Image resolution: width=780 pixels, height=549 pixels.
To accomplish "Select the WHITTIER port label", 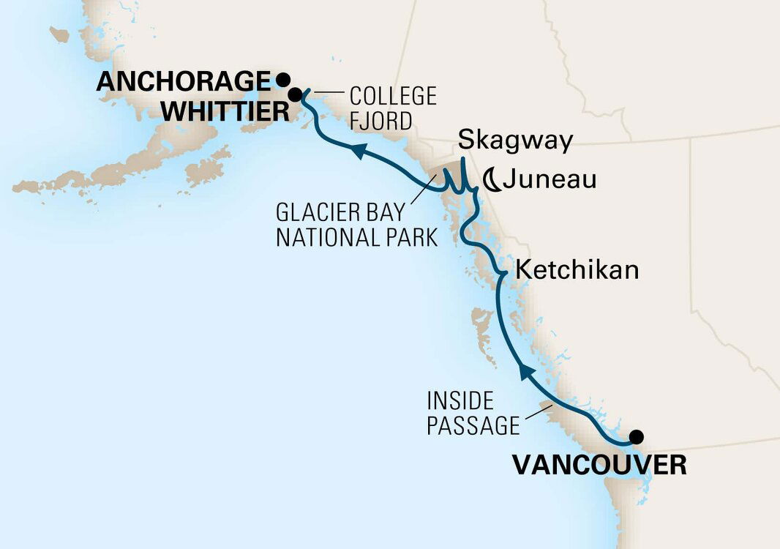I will [x=224, y=112].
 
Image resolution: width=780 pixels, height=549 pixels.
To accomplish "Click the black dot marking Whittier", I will [x=294, y=94].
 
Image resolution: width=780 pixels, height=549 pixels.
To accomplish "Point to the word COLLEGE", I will [x=392, y=96].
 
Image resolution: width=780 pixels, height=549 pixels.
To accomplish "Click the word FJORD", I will [x=380, y=121].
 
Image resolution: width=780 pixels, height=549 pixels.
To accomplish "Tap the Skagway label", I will [x=516, y=141].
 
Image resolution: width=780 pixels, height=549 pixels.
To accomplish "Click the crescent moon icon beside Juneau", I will [x=491, y=179].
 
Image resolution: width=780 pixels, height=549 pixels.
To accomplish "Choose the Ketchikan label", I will [x=577, y=270].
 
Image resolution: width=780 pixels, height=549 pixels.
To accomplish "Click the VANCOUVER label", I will [x=599, y=466].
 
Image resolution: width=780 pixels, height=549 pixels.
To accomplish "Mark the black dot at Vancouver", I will [x=637, y=437].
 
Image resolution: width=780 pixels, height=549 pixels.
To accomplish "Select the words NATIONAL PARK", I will [x=356, y=238].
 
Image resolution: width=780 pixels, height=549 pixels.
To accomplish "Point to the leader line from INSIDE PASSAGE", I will [x=539, y=416].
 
